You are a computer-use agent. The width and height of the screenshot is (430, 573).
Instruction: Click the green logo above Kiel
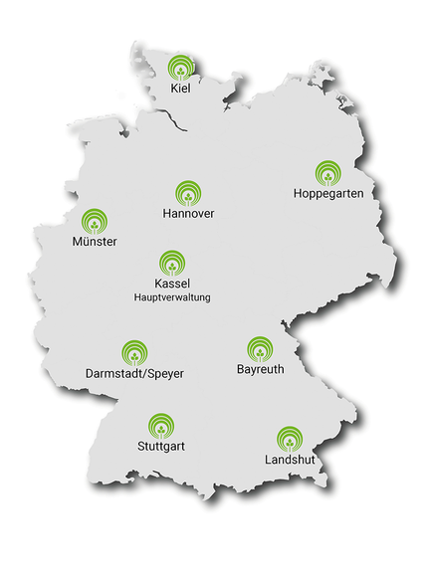180,69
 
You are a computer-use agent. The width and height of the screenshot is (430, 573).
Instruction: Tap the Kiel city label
180,89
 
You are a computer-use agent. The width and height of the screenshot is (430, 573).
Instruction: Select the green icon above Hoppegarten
327,174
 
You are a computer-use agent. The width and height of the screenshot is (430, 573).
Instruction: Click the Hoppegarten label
327,194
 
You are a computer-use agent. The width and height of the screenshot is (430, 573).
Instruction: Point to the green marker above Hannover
188,193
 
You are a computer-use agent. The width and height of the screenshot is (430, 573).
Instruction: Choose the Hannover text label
188,214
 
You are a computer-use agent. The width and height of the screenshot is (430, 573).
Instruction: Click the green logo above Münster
95,221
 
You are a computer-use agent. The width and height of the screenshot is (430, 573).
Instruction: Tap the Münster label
95,242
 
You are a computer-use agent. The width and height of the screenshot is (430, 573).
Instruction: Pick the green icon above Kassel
172,263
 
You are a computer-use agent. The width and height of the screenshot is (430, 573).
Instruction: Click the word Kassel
172,284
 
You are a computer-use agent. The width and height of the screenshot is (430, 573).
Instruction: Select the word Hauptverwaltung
172,296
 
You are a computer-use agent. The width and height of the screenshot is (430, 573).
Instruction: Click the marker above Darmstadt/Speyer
134,352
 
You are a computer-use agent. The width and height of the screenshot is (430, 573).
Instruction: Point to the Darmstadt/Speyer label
134,373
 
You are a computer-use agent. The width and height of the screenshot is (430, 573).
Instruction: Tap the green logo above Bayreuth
260,349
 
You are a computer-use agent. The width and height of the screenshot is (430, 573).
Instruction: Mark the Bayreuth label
260,370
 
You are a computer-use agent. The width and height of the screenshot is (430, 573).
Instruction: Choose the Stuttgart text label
160,447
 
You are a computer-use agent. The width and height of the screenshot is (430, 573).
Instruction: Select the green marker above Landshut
289,439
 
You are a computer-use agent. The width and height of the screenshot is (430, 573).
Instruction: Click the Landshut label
289,461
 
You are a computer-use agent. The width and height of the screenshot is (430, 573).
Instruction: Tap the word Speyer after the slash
163,374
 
